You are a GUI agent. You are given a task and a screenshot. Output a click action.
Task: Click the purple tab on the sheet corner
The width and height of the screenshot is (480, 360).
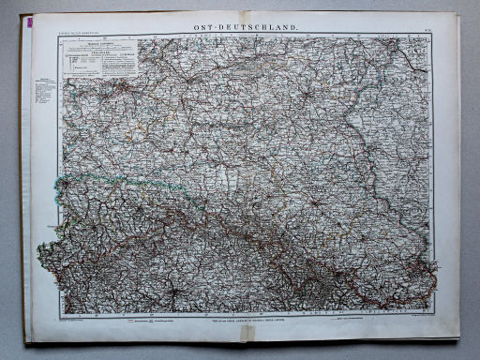click(x=25, y=20)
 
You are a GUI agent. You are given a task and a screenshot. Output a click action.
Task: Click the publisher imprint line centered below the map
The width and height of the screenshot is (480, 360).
click(x=246, y=320)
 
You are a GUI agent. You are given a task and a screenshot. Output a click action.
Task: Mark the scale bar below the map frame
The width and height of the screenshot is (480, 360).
click(x=150, y=319)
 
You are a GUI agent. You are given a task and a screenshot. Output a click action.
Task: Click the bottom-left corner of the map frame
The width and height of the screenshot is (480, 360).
click(x=62, y=312)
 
